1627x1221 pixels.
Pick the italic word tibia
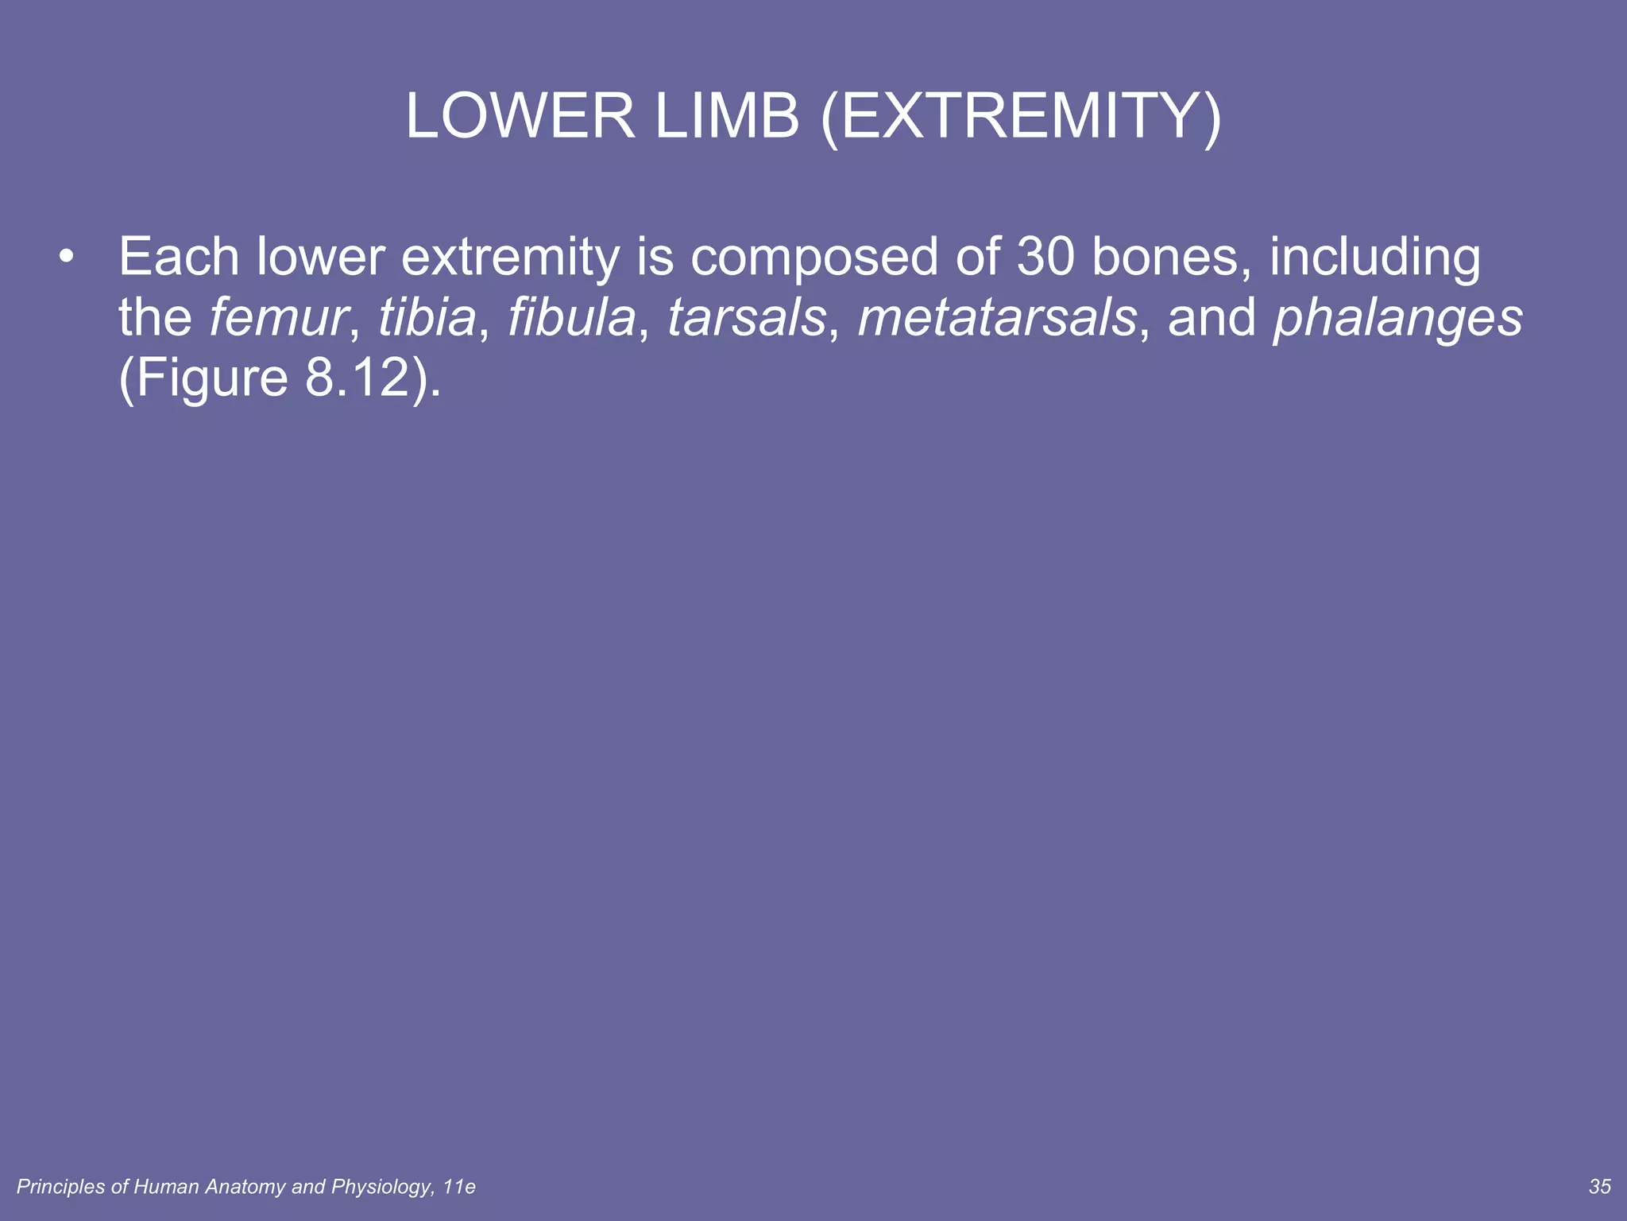[x=427, y=317]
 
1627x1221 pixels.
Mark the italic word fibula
[x=572, y=317]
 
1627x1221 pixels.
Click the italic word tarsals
[x=747, y=317]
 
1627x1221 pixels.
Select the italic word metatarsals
[x=997, y=317]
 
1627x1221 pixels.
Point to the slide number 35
[x=1600, y=1186]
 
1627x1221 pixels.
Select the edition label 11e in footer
[x=459, y=1187]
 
